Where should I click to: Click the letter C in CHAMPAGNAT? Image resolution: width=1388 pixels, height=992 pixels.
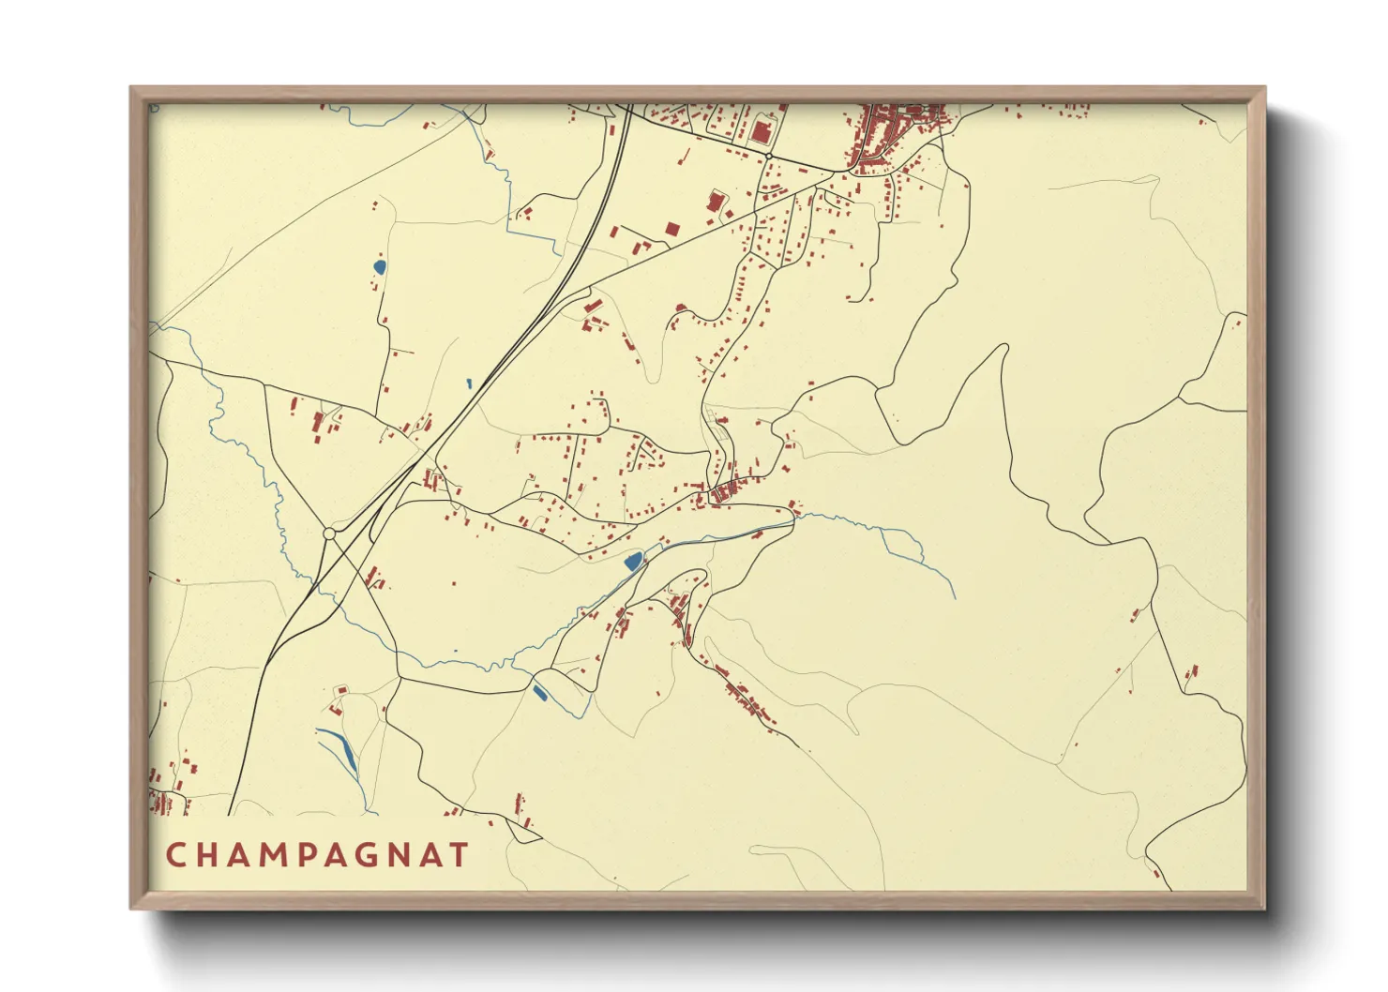(x=175, y=855)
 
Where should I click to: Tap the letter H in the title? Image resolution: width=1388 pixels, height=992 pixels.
(x=209, y=855)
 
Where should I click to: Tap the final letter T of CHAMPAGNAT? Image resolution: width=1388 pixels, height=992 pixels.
(x=459, y=855)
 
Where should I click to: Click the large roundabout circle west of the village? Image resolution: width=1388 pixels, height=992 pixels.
(x=329, y=534)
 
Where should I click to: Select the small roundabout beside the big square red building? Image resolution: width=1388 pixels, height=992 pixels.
(x=769, y=156)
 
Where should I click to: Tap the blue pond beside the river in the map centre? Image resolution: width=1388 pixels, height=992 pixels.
(x=633, y=562)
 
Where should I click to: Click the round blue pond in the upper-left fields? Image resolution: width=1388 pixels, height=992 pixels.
(x=379, y=267)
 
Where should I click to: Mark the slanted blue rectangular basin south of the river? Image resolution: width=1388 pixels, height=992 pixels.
(x=539, y=693)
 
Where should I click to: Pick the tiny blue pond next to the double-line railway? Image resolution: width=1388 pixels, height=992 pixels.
(x=468, y=383)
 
